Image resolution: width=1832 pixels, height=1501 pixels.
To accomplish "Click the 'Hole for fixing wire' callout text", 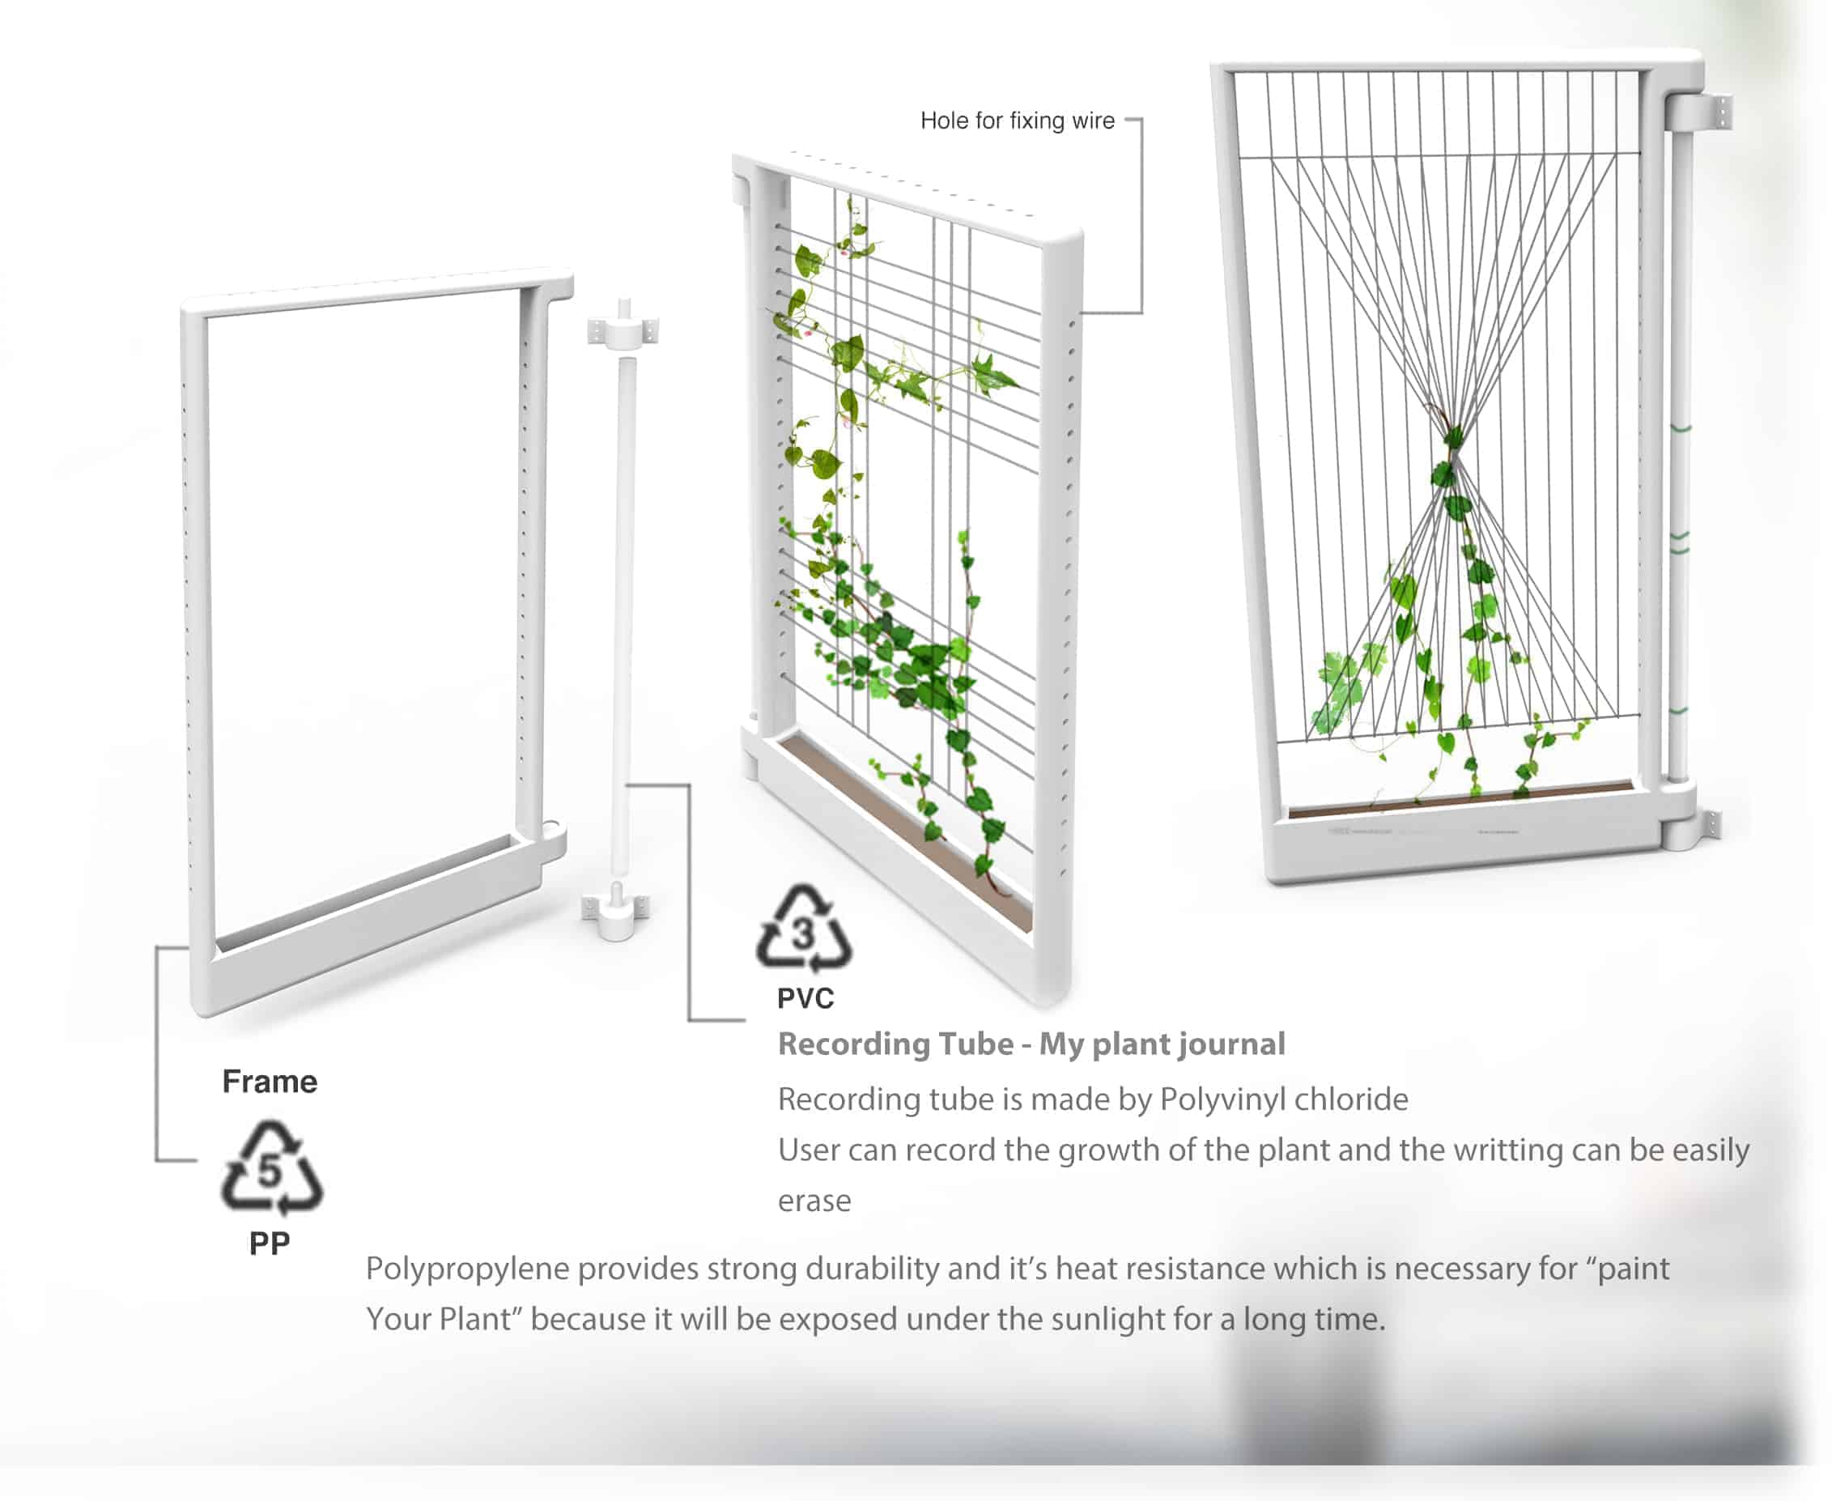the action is tap(1017, 120).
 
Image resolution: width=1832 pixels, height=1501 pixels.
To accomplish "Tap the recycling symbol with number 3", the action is tap(803, 926).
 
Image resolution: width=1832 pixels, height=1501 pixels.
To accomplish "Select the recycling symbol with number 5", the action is tap(271, 1167).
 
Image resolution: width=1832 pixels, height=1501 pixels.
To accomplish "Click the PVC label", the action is tap(805, 999).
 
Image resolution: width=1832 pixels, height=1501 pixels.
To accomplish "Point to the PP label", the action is tap(270, 1244).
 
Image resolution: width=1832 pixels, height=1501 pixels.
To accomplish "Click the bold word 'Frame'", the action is tap(270, 1082).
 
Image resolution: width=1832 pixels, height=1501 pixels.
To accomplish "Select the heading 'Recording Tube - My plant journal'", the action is tap(1031, 1044).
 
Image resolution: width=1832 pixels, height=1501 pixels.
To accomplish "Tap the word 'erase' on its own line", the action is tap(814, 1201).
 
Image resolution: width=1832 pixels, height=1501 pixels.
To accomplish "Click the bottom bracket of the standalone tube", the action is tap(615, 912).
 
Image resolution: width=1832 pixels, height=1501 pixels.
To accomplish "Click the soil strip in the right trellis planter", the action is tap(1460, 799).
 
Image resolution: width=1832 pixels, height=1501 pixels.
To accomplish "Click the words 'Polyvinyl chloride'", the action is tap(1284, 1099).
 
